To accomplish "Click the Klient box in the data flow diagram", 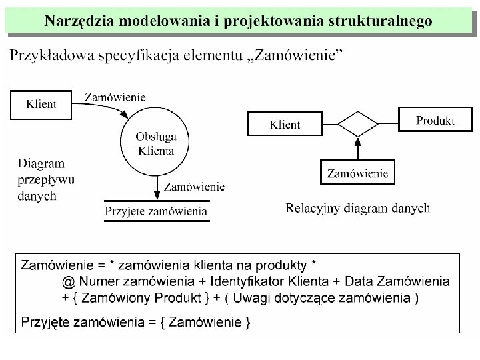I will point(41,104).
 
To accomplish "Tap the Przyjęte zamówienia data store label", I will point(157,212).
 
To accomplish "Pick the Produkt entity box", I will point(435,121).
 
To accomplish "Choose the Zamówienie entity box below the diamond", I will point(357,173).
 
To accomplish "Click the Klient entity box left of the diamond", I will point(285,124).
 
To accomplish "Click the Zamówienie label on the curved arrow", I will point(115,97).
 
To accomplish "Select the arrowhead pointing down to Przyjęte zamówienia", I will point(157,194).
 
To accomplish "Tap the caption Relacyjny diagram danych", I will point(357,208).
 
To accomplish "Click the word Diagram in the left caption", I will point(41,163).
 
